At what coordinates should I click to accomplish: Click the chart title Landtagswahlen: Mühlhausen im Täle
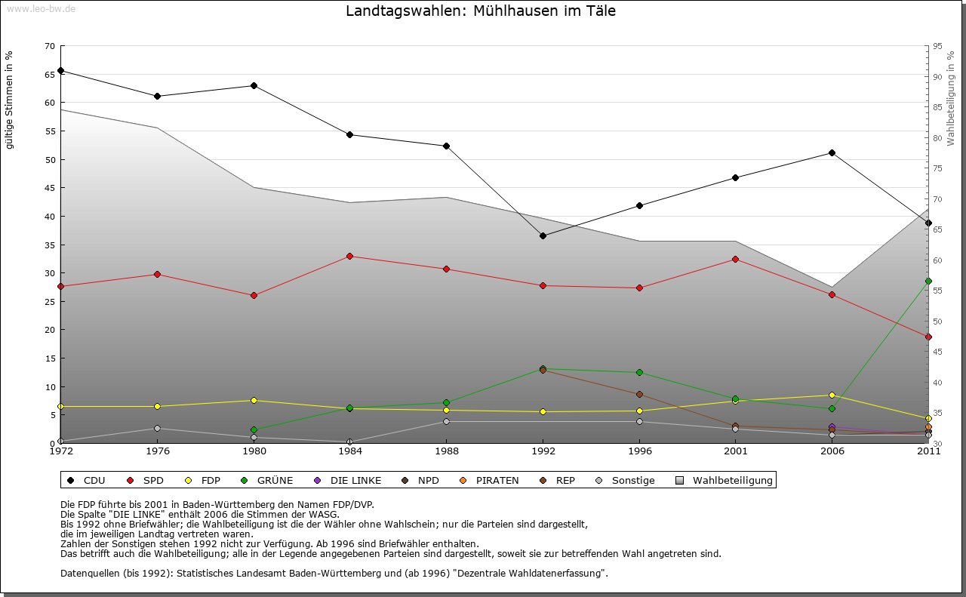click(481, 11)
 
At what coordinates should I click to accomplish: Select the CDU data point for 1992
click(543, 235)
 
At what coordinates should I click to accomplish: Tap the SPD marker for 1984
click(349, 256)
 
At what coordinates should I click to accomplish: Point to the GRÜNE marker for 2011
click(928, 281)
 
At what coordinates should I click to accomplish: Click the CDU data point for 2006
click(832, 152)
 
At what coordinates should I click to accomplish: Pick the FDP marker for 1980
click(254, 400)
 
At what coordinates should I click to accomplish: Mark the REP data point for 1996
click(639, 394)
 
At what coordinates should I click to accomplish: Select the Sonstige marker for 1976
click(157, 428)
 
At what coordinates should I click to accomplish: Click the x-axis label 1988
click(446, 452)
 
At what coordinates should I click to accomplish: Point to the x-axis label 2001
click(736, 452)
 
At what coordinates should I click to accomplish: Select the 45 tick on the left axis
click(50, 188)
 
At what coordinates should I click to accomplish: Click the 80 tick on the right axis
click(937, 138)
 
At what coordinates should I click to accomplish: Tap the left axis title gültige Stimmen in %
click(10, 100)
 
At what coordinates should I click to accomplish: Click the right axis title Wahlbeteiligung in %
click(951, 99)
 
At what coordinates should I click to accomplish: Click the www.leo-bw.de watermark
click(39, 8)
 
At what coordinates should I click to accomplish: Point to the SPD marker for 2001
click(736, 259)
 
